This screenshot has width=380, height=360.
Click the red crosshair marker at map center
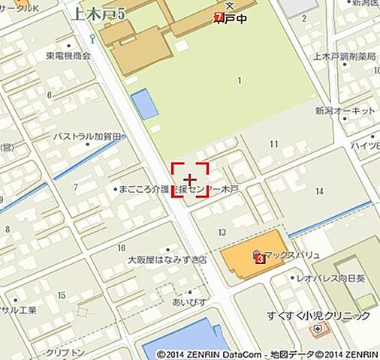(190, 180)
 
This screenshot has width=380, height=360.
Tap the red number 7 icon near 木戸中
(219, 16)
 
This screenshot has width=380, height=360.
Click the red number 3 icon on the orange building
(260, 259)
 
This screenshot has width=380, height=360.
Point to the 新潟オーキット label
(345, 110)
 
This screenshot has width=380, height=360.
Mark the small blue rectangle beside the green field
(144, 104)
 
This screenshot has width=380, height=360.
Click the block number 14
(319, 191)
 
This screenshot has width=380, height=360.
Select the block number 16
(121, 247)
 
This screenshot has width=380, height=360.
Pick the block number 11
(273, 143)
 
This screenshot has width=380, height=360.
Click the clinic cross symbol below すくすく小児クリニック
(319, 329)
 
